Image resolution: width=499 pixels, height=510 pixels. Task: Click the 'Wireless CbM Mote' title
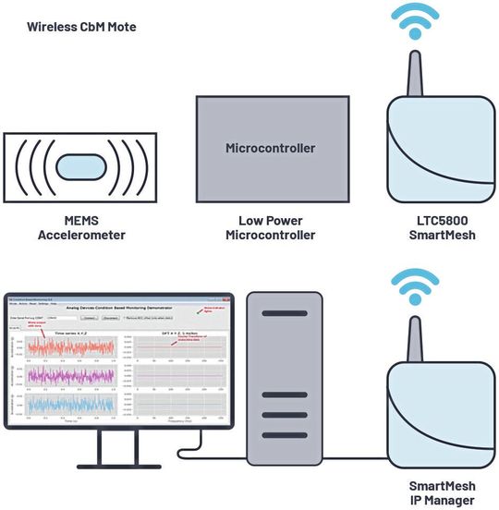coord(82,27)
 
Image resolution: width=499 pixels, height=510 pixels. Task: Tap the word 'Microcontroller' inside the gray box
coord(271,148)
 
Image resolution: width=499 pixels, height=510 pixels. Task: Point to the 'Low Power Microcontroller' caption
coord(271,227)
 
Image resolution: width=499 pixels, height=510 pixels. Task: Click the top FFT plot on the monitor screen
coord(179,347)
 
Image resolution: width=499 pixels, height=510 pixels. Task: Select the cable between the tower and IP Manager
coord(351,452)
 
